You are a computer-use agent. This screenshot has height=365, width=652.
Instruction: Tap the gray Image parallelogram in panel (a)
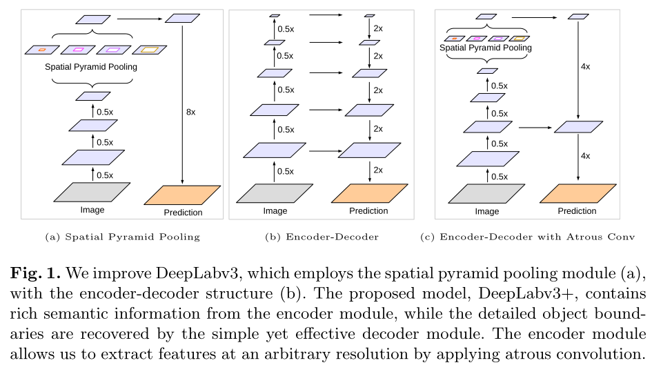point(92,191)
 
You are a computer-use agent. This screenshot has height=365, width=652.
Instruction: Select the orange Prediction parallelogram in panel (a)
point(182,195)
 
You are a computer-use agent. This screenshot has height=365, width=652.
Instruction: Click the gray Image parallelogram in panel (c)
point(487,193)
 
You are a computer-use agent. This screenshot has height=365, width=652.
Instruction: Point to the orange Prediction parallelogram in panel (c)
point(577,194)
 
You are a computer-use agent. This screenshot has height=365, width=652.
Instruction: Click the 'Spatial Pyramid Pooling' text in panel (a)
point(91,67)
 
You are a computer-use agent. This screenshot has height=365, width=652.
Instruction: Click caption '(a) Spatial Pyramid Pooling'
point(122,237)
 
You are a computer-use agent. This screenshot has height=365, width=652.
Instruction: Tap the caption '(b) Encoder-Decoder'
point(322,237)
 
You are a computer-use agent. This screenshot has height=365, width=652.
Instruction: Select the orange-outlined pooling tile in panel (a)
point(42,50)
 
